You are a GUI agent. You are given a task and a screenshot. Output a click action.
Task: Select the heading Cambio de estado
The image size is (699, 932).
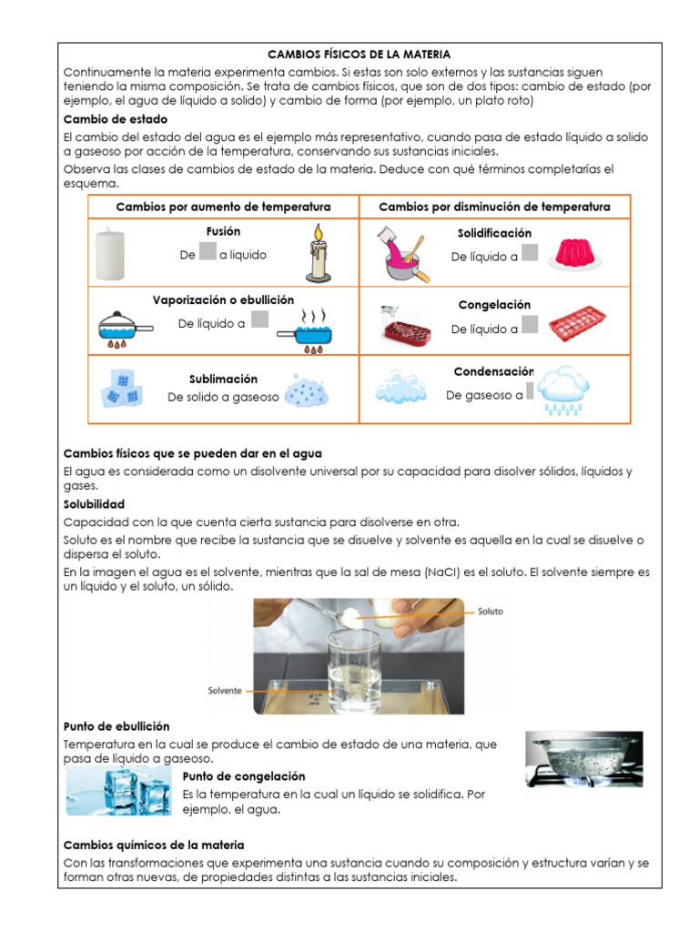115,119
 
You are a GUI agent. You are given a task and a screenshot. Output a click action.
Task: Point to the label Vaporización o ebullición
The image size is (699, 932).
223,299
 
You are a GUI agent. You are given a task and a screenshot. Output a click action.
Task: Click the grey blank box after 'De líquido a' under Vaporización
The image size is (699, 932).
259,319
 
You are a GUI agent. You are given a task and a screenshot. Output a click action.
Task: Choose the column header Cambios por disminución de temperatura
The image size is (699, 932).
494,208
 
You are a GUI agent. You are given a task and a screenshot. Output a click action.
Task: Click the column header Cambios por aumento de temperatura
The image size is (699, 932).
223,208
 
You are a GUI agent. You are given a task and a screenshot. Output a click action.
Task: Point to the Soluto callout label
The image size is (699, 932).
490,612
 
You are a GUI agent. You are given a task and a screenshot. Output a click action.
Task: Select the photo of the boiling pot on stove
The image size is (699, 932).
583,759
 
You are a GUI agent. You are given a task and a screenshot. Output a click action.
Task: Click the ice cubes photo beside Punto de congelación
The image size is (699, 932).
118,790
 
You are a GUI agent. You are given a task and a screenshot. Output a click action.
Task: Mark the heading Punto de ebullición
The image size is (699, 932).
116,726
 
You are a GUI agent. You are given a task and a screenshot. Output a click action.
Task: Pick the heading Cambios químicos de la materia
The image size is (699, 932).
153,846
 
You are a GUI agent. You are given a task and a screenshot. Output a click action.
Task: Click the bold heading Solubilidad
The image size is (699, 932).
94,503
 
